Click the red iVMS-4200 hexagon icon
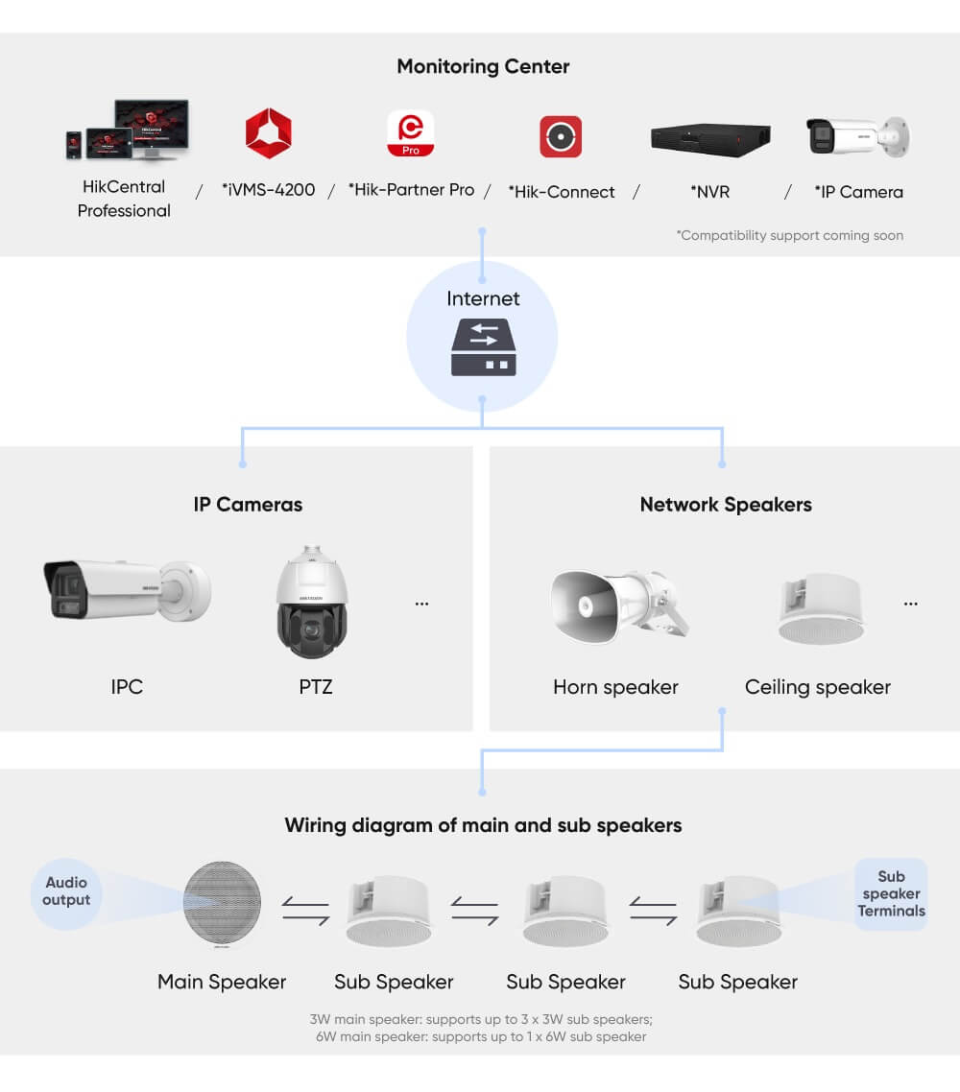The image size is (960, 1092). [x=268, y=133]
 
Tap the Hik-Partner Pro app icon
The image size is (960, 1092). [x=410, y=133]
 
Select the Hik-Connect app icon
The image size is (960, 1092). [x=561, y=136]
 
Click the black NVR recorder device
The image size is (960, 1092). [x=710, y=137]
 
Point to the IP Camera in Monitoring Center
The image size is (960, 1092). [x=857, y=136]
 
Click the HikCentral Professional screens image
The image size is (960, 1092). [x=128, y=130]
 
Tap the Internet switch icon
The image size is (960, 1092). [x=483, y=348]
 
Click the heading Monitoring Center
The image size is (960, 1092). [x=483, y=66]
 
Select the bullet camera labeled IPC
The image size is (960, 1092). [x=126, y=588]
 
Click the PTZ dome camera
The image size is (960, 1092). [x=312, y=602]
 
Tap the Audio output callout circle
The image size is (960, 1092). [x=66, y=891]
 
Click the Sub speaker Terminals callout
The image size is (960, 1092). [x=891, y=894]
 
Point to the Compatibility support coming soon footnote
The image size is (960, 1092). [x=789, y=235]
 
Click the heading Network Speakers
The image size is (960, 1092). [x=725, y=505]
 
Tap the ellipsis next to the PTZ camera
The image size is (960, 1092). [x=421, y=604]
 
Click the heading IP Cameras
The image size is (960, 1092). [x=248, y=505]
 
